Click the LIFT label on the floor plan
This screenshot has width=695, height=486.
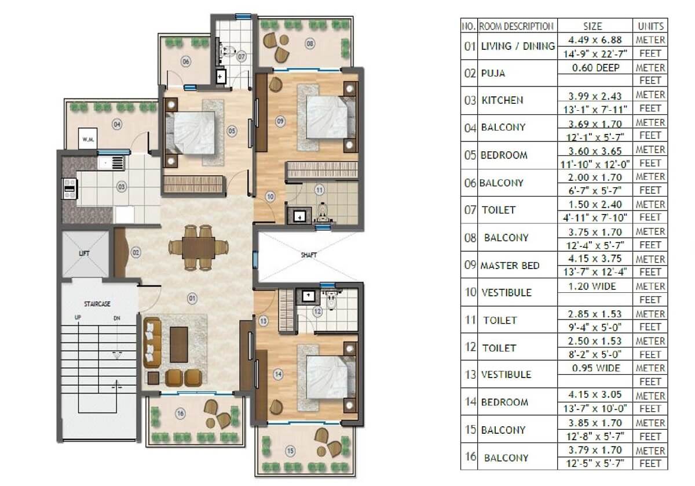(85, 253)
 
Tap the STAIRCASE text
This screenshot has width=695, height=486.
(97, 303)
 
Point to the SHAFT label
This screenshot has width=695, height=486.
(309, 255)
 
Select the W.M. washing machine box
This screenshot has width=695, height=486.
(88, 138)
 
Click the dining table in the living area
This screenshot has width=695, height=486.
(198, 248)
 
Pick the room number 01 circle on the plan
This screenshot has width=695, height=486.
(192, 299)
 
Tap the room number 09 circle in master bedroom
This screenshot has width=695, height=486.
(280, 121)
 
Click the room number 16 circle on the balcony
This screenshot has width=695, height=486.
(181, 414)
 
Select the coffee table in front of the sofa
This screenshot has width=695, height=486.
(179, 344)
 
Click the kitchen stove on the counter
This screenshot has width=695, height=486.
(69, 188)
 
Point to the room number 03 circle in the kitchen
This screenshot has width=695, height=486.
(121, 187)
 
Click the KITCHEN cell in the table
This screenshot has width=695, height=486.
(502, 100)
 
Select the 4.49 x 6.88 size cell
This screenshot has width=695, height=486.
(595, 40)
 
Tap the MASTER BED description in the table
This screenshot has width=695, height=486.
(510, 266)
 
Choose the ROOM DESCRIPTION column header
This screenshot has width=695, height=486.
(516, 27)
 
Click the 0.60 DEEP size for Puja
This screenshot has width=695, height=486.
(596, 68)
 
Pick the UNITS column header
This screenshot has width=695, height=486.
(650, 27)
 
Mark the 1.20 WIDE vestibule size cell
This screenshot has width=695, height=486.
(592, 286)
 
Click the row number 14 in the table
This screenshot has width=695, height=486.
(470, 402)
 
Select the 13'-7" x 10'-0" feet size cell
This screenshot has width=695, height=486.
(595, 408)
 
